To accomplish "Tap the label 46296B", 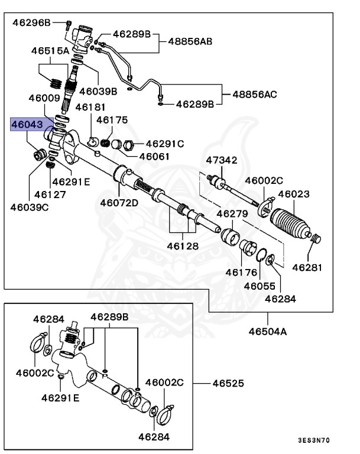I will tap(32, 23).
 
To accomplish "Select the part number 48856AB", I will tap(190, 42).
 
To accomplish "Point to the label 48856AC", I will tap(254, 94).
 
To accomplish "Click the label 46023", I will tap(294, 193).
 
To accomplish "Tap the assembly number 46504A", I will tap(267, 332).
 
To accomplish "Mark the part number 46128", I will tap(182, 246).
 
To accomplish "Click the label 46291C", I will tap(165, 144).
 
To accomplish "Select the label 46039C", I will tap(29, 207).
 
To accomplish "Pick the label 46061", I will tap(154, 157).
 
